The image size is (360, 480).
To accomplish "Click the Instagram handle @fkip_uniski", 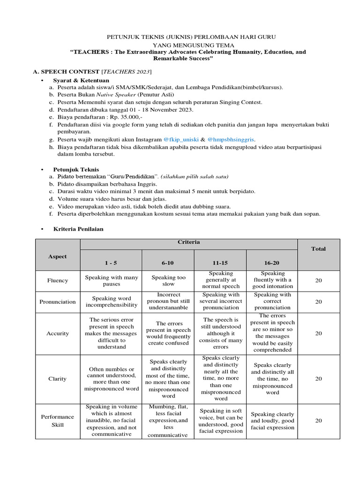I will tap(181, 140).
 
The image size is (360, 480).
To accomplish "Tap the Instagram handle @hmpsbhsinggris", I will tap(231, 140).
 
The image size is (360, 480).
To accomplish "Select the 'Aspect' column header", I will tap(57, 256).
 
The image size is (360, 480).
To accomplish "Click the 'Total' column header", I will tap(318, 249).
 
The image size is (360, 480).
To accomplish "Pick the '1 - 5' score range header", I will tap(111, 263).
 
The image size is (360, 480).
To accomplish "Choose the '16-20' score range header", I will tap(272, 263).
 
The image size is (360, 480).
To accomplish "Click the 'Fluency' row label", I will tap(57, 280).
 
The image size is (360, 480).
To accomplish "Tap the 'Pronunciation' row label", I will tap(57, 302).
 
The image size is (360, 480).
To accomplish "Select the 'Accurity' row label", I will tap(57, 333).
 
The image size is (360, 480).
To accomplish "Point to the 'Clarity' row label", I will tap(57, 378).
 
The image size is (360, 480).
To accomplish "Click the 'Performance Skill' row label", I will tap(57, 420).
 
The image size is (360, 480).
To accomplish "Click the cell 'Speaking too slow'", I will tap(168, 280).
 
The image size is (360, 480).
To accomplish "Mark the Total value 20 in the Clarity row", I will tap(318, 378).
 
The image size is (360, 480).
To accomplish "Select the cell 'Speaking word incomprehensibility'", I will tap(111, 302).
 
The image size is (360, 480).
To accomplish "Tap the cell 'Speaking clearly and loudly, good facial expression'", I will tap(272, 420).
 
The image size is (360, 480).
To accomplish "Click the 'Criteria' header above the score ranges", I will tap(188, 242).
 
